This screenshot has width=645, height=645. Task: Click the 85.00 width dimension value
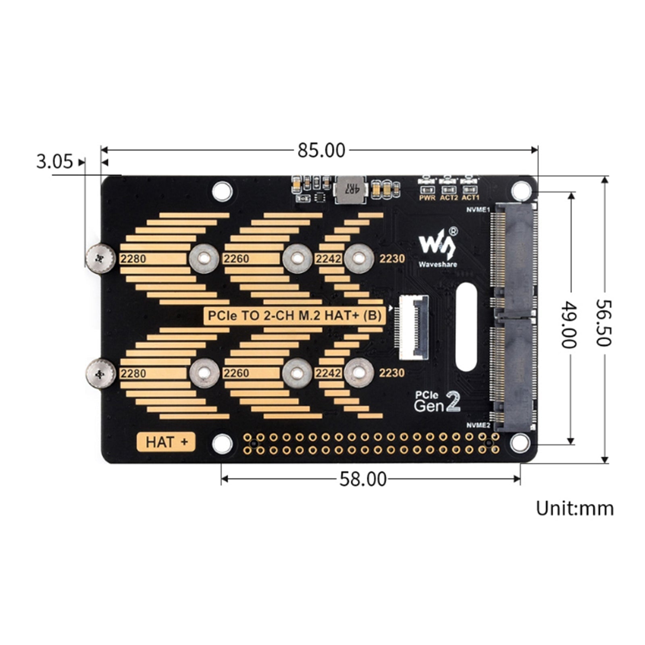tap(321, 151)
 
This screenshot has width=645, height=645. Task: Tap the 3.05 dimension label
tap(54, 162)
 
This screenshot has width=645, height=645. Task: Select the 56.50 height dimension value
tap(603, 322)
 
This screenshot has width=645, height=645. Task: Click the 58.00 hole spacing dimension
tap(363, 479)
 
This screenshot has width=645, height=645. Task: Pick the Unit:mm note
tap(574, 508)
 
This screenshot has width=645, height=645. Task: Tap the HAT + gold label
tap(166, 442)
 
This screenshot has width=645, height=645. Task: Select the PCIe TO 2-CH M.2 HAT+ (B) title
tap(294, 315)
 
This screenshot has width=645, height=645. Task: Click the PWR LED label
tap(427, 198)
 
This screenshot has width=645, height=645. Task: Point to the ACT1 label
tap(470, 198)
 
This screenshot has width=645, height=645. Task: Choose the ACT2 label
tap(449, 198)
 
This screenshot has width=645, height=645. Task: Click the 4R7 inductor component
tap(350, 189)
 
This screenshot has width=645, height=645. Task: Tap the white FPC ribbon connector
tap(414, 327)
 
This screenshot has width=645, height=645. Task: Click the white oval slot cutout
tap(467, 327)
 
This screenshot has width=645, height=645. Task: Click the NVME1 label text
tap(478, 210)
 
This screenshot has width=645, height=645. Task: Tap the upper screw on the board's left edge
tap(100, 258)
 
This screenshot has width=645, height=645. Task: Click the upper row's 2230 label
tap(392, 258)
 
